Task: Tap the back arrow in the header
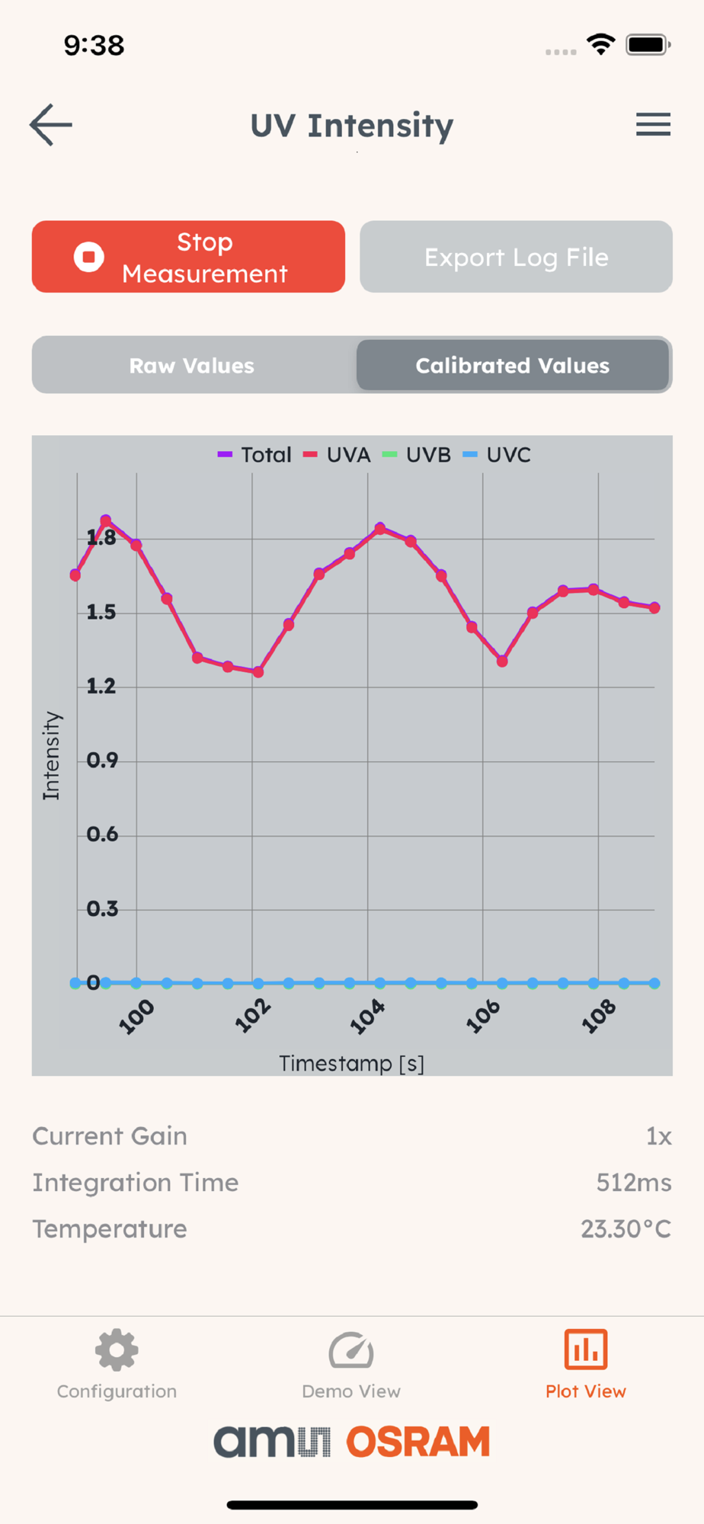pyautogui.click(x=51, y=125)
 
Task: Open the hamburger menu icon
pyautogui.click(x=653, y=124)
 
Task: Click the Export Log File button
pyautogui.click(x=516, y=257)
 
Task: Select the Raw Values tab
pyautogui.click(x=192, y=366)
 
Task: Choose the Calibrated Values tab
pyautogui.click(x=512, y=366)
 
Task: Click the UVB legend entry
pyautogui.click(x=418, y=455)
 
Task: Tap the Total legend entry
pyautogui.click(x=255, y=455)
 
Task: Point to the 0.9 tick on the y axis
pyautogui.click(x=102, y=760)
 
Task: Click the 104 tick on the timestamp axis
pyautogui.click(x=367, y=1017)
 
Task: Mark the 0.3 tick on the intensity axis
pyautogui.click(x=102, y=909)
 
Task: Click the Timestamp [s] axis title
pyautogui.click(x=351, y=1063)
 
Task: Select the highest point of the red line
pyautogui.click(x=106, y=521)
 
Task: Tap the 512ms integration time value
pyautogui.click(x=633, y=1183)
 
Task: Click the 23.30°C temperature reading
pyautogui.click(x=626, y=1229)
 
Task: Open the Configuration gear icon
pyautogui.click(x=117, y=1350)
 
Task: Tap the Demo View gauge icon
pyautogui.click(x=351, y=1350)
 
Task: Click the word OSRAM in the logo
pyautogui.click(x=418, y=1442)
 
